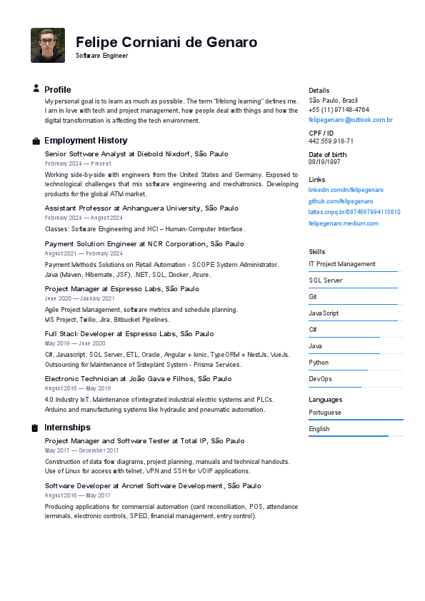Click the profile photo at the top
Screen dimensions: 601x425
click(x=48, y=45)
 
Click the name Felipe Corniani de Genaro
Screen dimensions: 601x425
click(x=166, y=42)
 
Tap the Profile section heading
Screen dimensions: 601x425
click(x=58, y=90)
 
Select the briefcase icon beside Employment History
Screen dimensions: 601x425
click(x=36, y=141)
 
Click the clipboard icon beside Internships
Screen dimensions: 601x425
click(x=35, y=428)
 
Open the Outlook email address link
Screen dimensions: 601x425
click(x=350, y=120)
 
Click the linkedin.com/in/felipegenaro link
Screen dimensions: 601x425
click(x=346, y=190)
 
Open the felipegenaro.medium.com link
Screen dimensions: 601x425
click(x=344, y=223)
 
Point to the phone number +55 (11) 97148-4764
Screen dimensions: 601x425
click(x=339, y=110)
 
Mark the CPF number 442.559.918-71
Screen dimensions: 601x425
click(x=331, y=141)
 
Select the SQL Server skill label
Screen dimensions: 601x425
click(x=325, y=281)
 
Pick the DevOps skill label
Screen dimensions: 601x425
click(x=320, y=379)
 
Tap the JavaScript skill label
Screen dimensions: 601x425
click(x=324, y=313)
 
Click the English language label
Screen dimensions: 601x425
click(x=319, y=429)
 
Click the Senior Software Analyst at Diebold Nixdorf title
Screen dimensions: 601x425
click(x=136, y=153)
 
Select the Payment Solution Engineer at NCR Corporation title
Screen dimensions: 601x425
click(x=144, y=244)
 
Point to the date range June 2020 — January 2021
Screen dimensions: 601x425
click(x=79, y=298)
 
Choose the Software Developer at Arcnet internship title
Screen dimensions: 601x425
click(x=153, y=486)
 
